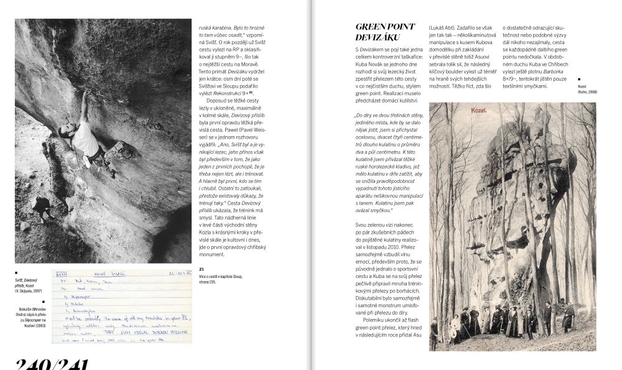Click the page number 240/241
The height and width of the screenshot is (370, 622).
coord(53,363)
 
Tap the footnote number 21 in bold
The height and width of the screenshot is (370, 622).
coord(202,269)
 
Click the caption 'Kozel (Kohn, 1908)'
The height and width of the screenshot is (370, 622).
coord(587,88)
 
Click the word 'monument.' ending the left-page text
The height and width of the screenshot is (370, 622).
coord(211,255)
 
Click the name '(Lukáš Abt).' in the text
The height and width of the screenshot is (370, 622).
coord(445,28)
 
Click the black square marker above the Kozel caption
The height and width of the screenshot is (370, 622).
coord(579,79)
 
